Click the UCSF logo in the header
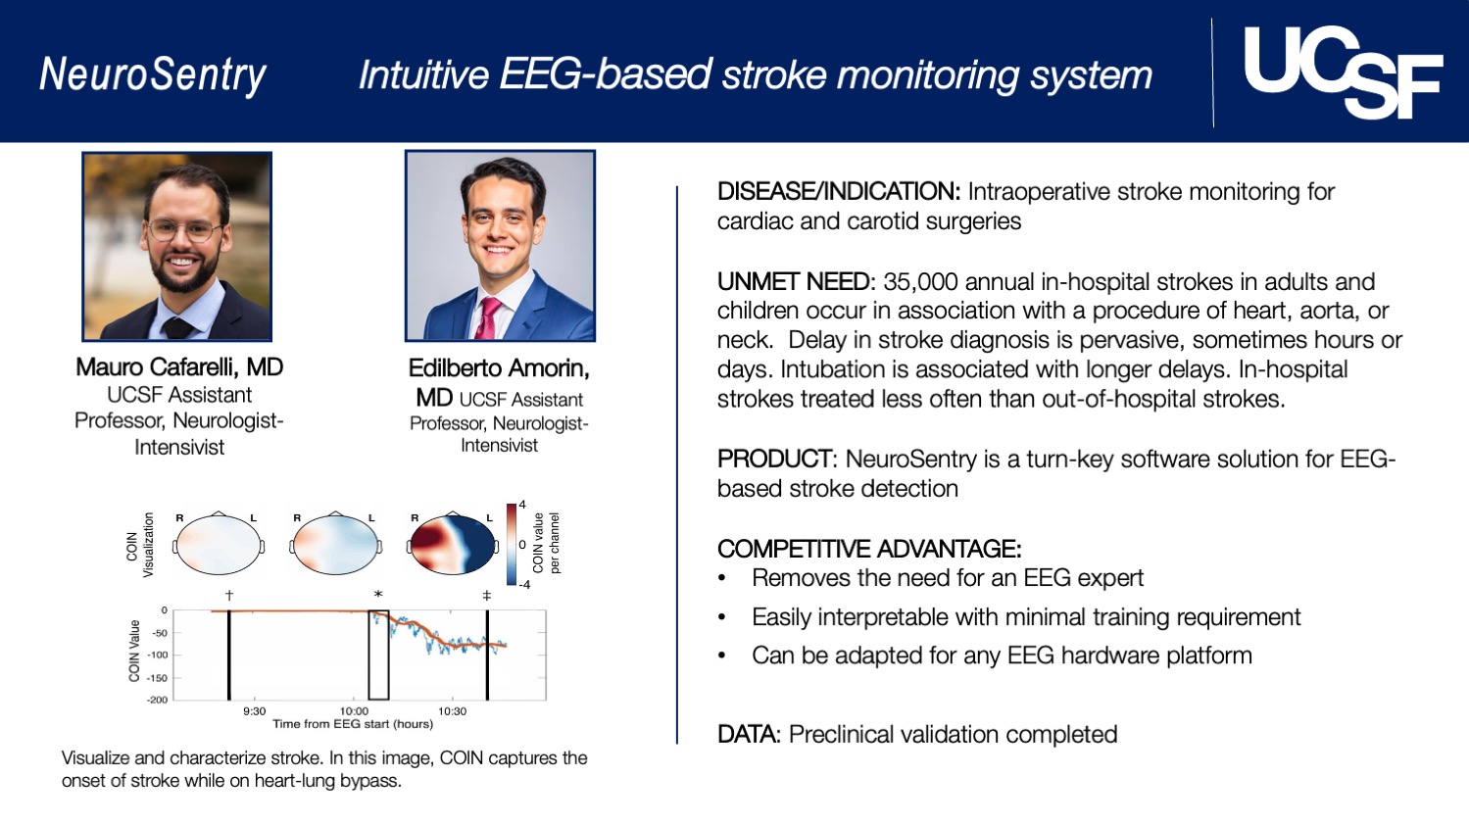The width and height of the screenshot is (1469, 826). point(1342,72)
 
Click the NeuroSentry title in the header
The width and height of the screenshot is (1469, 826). point(153,74)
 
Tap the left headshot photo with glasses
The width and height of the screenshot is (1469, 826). point(176,246)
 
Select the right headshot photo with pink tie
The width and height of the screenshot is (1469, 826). point(500,246)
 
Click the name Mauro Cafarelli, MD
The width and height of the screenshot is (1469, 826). point(179,367)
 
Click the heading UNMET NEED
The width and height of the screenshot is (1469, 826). point(794,282)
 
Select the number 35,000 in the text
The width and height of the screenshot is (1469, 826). point(920,282)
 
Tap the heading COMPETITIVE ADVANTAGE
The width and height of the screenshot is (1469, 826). point(868,549)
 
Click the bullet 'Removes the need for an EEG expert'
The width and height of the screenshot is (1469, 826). point(947,578)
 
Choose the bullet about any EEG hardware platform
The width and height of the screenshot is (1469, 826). point(1002,656)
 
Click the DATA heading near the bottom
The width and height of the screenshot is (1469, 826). point(749,735)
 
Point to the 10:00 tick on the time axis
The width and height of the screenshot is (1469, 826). point(354,711)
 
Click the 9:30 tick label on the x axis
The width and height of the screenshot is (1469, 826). point(254,711)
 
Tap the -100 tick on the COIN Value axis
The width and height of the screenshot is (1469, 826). point(157,655)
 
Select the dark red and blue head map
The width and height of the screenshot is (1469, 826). point(452,543)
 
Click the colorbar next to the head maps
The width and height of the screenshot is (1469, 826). point(512,544)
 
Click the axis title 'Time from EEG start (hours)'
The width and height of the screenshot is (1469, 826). point(352,724)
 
